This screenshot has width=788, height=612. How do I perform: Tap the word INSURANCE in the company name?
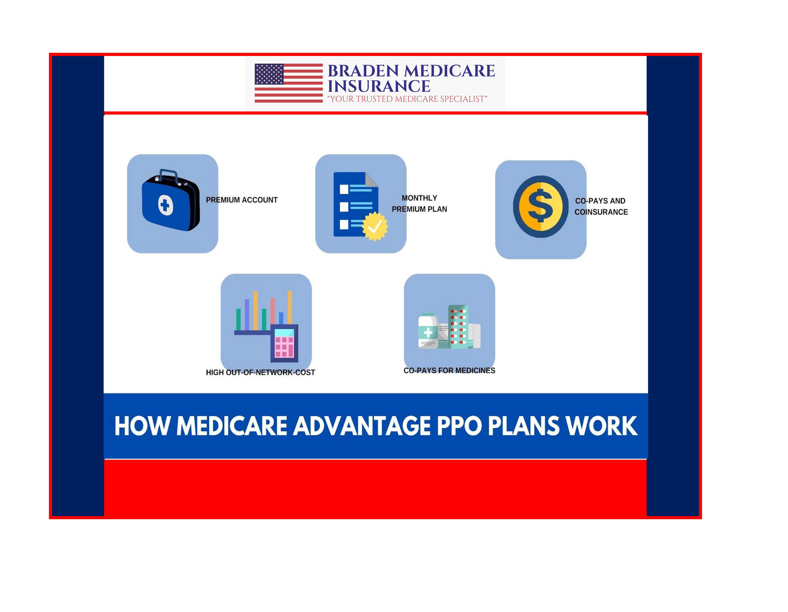[x=379, y=86]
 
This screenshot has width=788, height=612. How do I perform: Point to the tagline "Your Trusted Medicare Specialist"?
[x=407, y=99]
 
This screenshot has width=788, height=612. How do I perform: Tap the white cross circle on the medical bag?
[x=166, y=206]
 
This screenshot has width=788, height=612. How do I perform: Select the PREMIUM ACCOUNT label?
[x=241, y=200]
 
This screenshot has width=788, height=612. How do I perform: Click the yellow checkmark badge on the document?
[x=375, y=226]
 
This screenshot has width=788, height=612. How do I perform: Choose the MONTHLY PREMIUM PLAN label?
[x=419, y=203]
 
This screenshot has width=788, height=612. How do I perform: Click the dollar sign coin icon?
[x=540, y=207]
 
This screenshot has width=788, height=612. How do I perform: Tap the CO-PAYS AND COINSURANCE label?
[x=601, y=206]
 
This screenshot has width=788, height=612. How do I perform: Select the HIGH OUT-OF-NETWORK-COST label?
[x=260, y=372]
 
